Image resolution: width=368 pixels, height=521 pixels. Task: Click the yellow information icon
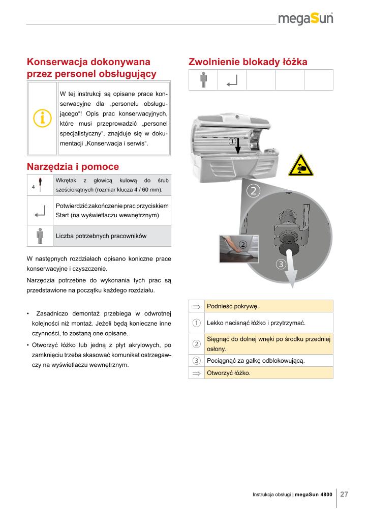(42, 118)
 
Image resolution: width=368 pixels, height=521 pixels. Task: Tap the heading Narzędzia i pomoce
(72, 166)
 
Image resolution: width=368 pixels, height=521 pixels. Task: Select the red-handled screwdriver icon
(40, 184)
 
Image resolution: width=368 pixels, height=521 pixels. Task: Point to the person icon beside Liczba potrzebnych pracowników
(40, 236)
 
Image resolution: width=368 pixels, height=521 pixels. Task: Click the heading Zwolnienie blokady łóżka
(248, 62)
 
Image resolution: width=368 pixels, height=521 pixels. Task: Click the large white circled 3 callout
(281, 264)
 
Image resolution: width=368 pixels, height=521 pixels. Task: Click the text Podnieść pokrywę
(233, 306)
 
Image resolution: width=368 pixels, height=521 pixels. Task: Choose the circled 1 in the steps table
(196, 323)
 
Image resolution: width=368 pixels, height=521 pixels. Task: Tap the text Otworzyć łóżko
(229, 372)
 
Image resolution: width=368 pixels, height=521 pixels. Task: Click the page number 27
(344, 494)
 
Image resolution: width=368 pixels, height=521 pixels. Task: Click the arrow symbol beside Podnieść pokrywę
(196, 306)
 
